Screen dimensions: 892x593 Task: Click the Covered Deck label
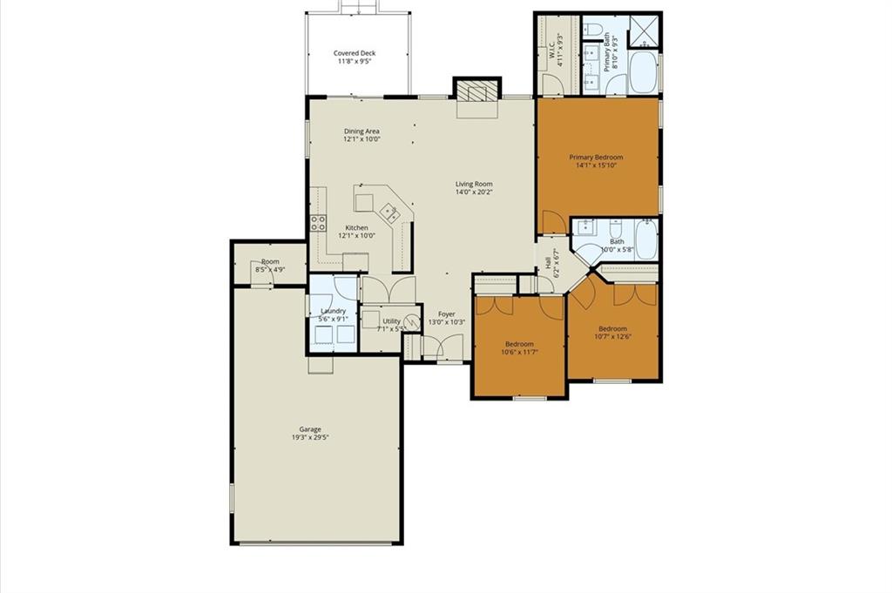tap(355, 53)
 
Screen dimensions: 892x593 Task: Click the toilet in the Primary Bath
tap(591, 28)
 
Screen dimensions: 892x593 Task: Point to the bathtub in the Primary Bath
tap(643, 73)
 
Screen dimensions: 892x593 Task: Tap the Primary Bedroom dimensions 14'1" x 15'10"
tap(596, 165)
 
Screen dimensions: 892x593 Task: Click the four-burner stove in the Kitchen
tap(318, 223)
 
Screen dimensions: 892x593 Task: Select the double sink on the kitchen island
tap(390, 212)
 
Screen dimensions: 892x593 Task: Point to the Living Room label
tap(474, 185)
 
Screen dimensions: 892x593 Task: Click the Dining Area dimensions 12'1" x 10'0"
tap(362, 138)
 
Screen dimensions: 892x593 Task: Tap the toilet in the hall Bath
tap(616, 228)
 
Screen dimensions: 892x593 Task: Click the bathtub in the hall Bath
tap(646, 239)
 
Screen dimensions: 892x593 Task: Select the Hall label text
tap(548, 263)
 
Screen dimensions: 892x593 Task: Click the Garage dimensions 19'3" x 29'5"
tap(311, 437)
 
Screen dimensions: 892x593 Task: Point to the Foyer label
tap(447, 313)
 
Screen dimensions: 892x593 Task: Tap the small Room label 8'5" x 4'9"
tap(270, 261)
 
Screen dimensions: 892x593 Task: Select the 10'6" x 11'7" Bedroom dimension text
tap(519, 352)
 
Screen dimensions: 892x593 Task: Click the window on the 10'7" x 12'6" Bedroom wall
tap(612, 381)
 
